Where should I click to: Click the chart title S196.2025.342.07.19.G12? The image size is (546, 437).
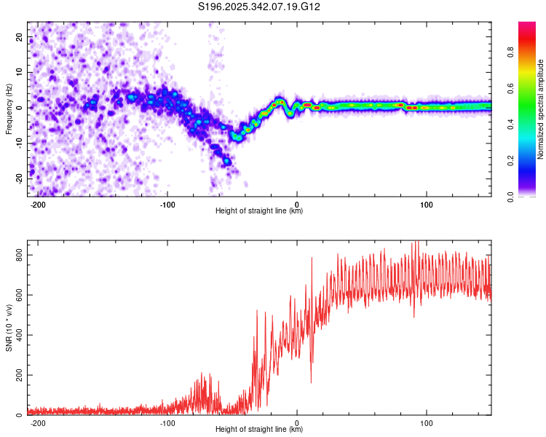[x=260, y=7]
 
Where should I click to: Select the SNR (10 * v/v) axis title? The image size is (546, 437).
[x=9, y=327]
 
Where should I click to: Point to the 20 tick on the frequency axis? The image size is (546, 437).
[x=20, y=37]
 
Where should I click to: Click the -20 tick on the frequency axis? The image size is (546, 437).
[x=18, y=178]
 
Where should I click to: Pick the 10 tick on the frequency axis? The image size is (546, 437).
[x=20, y=73]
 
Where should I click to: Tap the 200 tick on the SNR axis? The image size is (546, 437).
[x=17, y=375]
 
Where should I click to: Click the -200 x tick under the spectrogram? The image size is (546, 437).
[x=39, y=205]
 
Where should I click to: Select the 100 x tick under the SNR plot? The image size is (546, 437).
[x=427, y=423]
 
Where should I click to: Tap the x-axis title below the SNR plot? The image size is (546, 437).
[x=259, y=430]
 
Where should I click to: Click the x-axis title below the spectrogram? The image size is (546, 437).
[x=259, y=211]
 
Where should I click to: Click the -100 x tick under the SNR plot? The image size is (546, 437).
[x=167, y=423]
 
